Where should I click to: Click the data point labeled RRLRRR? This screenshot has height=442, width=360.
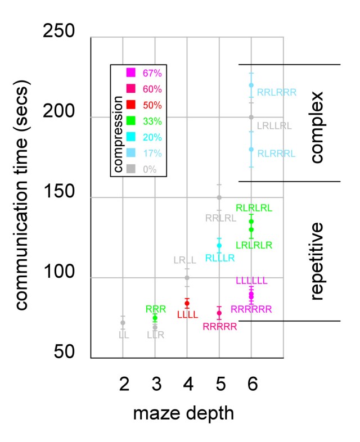coord(251,85)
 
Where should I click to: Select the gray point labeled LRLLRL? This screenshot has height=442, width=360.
coord(251,117)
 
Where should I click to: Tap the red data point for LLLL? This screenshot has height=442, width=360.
coord(187,303)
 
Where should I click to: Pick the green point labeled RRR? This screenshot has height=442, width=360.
coord(155,318)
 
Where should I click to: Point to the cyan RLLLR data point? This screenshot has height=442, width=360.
coord(219,245)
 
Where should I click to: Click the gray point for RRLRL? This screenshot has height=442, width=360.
coord(219,197)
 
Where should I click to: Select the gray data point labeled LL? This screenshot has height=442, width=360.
coord(123,322)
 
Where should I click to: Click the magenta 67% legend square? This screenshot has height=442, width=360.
coord(130,72)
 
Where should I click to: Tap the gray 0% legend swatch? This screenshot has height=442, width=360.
coord(130,169)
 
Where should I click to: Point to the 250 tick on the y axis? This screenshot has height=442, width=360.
coord(59,30)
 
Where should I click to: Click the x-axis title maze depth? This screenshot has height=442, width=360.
coord(183,415)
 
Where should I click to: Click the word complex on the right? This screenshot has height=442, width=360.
coord(317,128)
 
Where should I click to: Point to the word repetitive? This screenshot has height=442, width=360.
coord(317,260)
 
